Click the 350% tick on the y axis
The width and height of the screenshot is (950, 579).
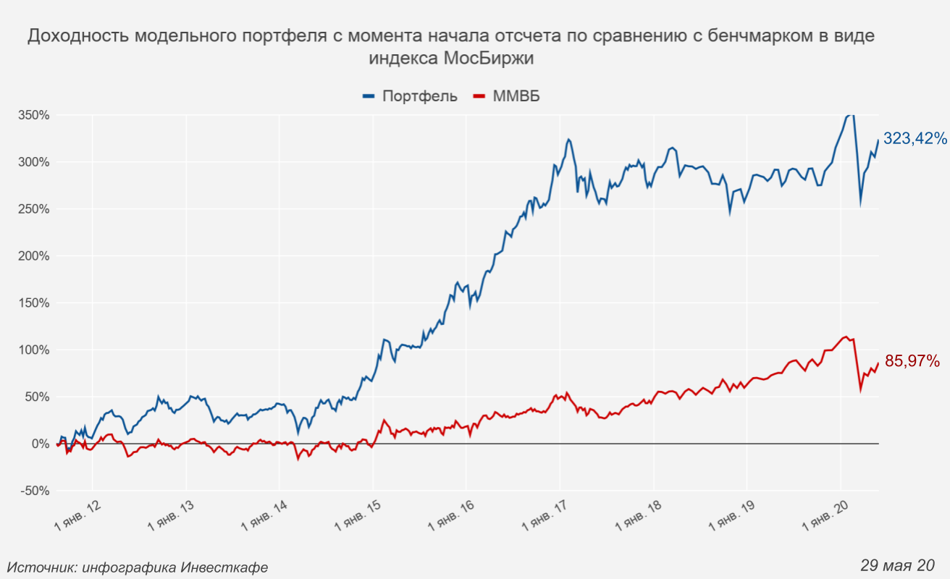(x=34, y=115)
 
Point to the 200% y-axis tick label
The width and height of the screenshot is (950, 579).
(x=34, y=256)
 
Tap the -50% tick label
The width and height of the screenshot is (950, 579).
(x=34, y=491)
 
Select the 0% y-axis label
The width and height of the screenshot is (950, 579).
(x=39, y=444)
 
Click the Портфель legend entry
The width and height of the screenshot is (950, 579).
(x=419, y=96)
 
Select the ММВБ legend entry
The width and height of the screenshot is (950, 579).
(x=516, y=96)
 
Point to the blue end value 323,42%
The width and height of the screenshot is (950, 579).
(x=915, y=138)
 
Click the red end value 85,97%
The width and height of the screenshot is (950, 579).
(x=912, y=361)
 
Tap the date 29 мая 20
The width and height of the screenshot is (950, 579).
(x=897, y=565)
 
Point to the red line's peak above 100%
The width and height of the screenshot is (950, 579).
(x=845, y=337)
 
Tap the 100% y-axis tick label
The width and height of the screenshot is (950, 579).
(x=34, y=350)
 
